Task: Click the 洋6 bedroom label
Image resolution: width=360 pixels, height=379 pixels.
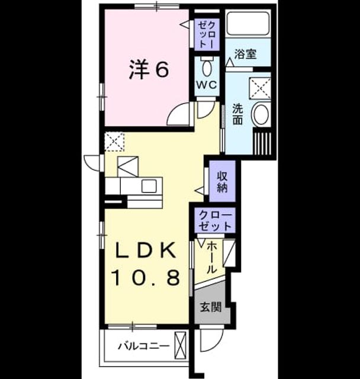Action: (x=149, y=70)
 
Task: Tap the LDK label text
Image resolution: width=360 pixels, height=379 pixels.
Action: (x=146, y=251)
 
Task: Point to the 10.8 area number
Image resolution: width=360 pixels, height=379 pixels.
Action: (x=146, y=277)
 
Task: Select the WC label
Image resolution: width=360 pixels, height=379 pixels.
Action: (x=207, y=85)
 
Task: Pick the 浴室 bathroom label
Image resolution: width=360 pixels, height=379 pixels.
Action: (x=245, y=54)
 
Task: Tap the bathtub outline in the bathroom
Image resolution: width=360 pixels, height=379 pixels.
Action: (x=248, y=23)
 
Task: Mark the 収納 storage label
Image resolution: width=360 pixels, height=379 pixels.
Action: (x=222, y=181)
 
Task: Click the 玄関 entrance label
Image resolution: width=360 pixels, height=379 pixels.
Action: (x=211, y=307)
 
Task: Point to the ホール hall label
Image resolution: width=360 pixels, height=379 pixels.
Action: (x=211, y=258)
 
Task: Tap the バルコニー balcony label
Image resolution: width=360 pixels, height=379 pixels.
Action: (x=143, y=346)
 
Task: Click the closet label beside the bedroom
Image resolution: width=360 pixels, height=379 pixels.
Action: (x=207, y=34)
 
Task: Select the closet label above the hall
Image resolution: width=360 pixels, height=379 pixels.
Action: (x=215, y=221)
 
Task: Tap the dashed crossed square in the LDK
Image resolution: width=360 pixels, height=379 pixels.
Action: (x=114, y=142)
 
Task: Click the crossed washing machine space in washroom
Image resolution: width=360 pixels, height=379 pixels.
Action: (x=260, y=88)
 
